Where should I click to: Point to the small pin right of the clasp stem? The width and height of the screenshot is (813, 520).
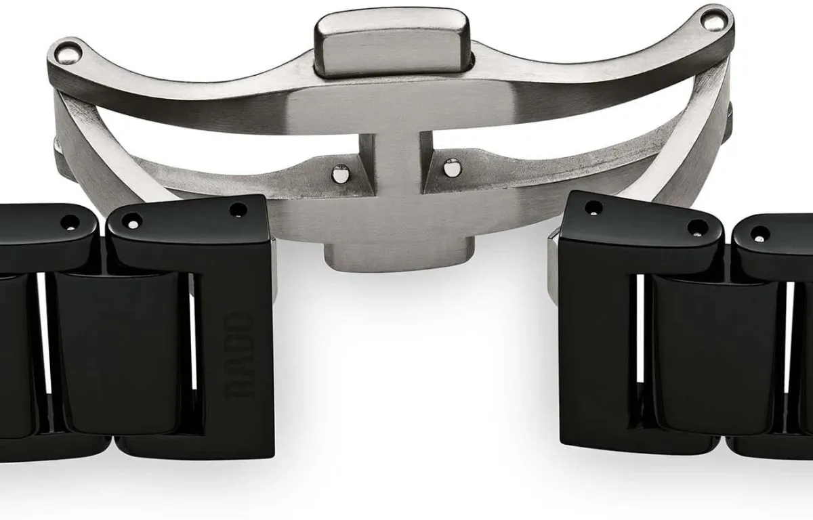click(451, 168)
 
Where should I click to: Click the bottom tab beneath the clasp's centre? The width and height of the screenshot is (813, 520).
click(399, 254)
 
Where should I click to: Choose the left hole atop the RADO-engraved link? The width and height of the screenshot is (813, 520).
click(132, 220)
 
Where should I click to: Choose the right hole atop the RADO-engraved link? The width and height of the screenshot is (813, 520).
click(238, 210)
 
